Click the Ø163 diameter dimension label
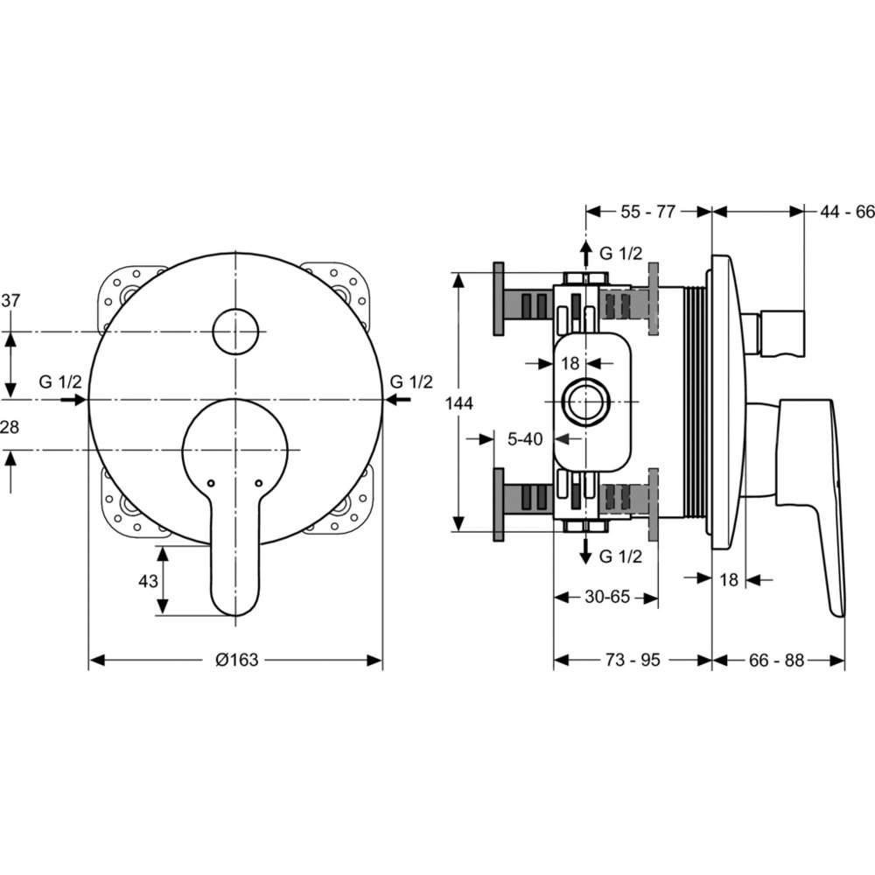(236, 660)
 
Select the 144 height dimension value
(458, 402)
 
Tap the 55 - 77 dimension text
(647, 212)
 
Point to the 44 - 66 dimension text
(846, 212)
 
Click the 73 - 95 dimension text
(633, 660)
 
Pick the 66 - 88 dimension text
(776, 660)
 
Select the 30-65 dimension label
(607, 597)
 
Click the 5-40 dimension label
(524, 439)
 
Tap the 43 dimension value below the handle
(148, 581)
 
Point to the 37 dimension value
(10, 300)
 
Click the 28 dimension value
(10, 427)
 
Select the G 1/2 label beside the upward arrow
(620, 254)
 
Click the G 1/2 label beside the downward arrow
(620, 556)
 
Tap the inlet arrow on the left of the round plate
(74, 400)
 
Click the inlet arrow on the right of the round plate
(397, 400)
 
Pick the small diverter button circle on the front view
(235, 332)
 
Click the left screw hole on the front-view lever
(210, 483)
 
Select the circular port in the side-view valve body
(586, 402)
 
